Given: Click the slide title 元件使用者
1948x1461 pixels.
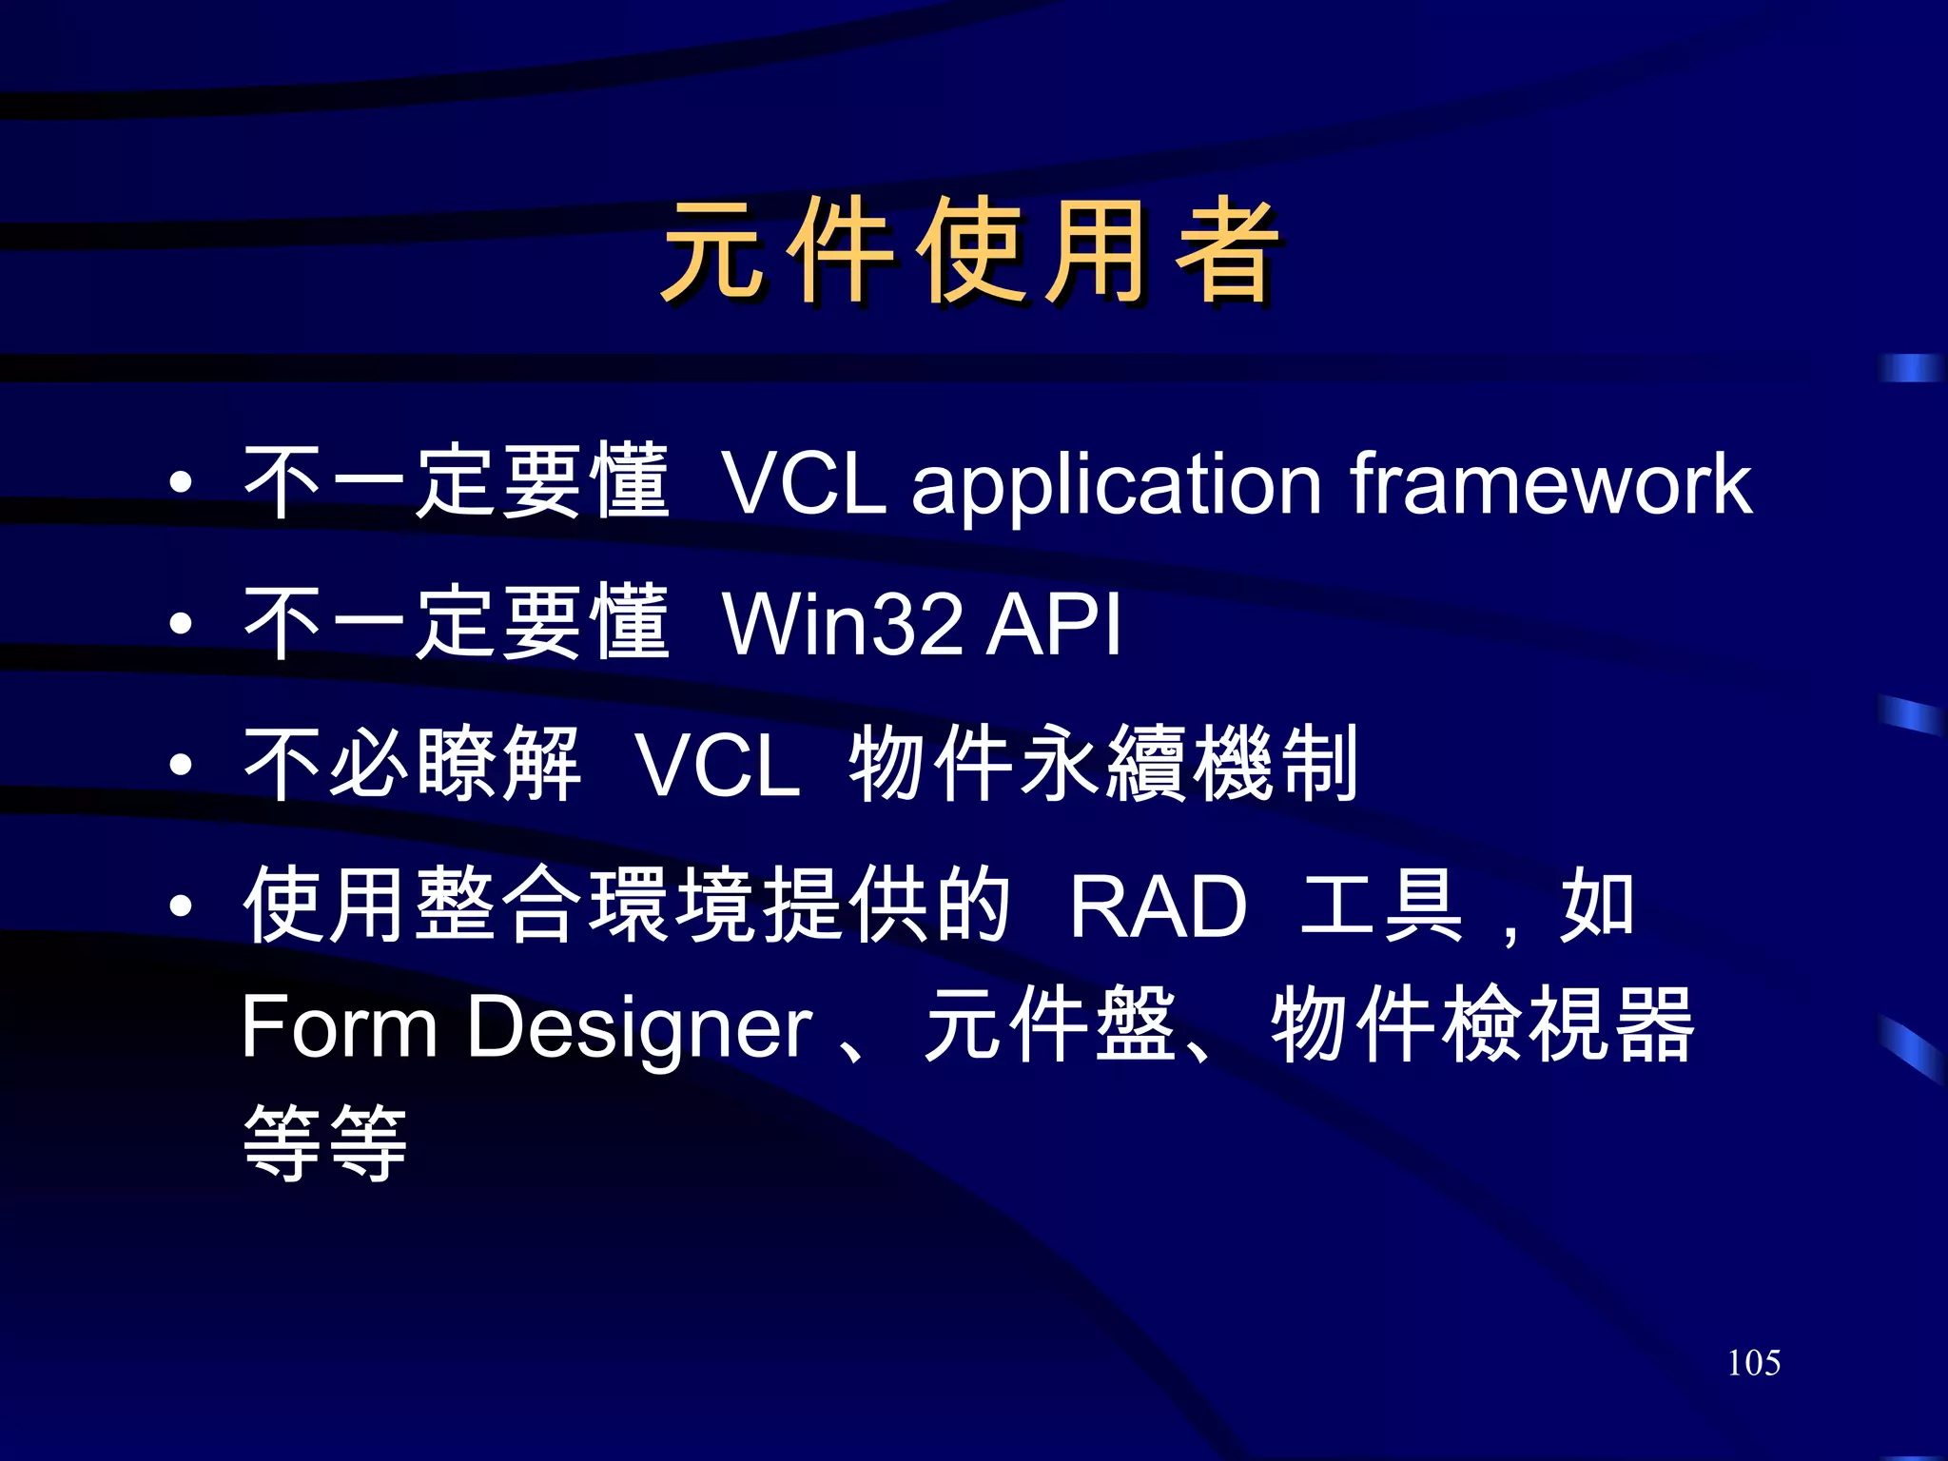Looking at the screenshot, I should pos(970,253).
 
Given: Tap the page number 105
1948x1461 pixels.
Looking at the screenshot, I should pos(1753,1363).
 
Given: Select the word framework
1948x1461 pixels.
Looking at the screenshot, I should pos(1550,485).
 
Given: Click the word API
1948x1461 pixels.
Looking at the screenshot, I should pos(1054,625).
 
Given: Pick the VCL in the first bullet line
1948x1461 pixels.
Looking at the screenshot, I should pos(804,485).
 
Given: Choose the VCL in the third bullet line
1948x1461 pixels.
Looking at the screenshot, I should pos(718,766).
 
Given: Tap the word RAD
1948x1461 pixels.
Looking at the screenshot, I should pos(1158,906).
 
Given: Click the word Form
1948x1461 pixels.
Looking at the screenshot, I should pos(339,1027).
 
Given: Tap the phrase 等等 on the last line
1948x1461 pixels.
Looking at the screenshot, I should pos(325,1143).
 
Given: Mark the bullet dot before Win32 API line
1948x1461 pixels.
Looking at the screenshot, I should pos(181,625).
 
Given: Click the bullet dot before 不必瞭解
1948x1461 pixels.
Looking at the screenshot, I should pos(181,765).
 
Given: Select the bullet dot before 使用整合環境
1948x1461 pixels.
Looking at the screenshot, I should pos(181,906).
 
